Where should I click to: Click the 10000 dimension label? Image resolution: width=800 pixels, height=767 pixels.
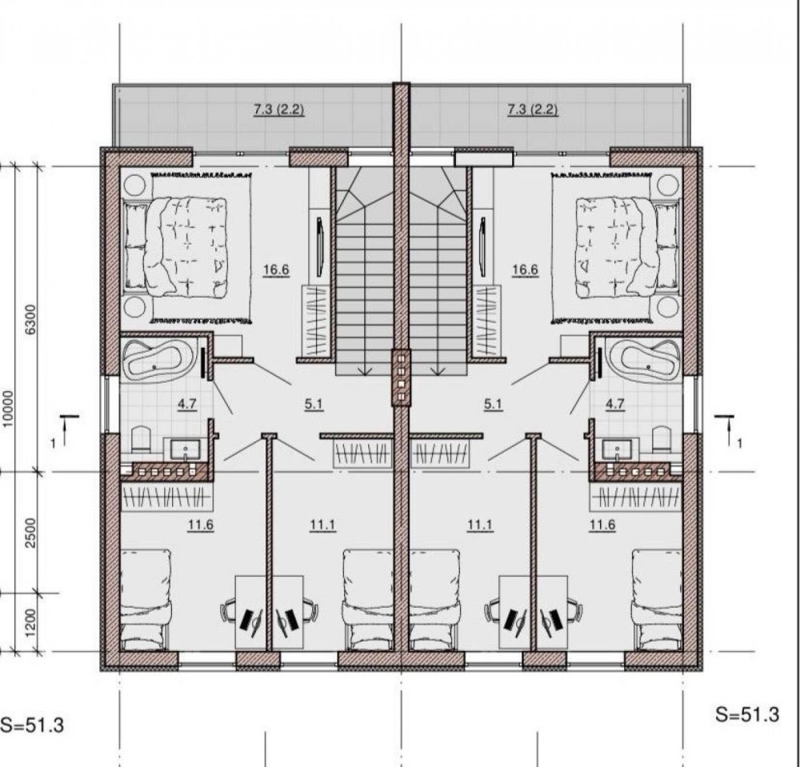(8, 409)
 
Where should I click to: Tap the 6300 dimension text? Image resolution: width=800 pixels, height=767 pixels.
(31, 319)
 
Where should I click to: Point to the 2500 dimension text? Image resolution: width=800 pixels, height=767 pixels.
(31, 533)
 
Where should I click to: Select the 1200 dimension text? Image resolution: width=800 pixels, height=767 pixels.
(31, 623)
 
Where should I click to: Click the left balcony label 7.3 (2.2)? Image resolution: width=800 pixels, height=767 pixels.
(279, 109)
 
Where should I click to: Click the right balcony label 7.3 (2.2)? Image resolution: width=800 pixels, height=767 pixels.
(533, 109)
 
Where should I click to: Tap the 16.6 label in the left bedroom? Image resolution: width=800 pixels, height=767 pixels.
(276, 270)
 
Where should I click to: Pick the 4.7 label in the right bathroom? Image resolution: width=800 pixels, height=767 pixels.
(614, 404)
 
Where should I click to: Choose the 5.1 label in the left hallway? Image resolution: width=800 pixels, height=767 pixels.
(314, 404)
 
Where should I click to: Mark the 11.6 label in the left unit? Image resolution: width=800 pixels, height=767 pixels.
(201, 525)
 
